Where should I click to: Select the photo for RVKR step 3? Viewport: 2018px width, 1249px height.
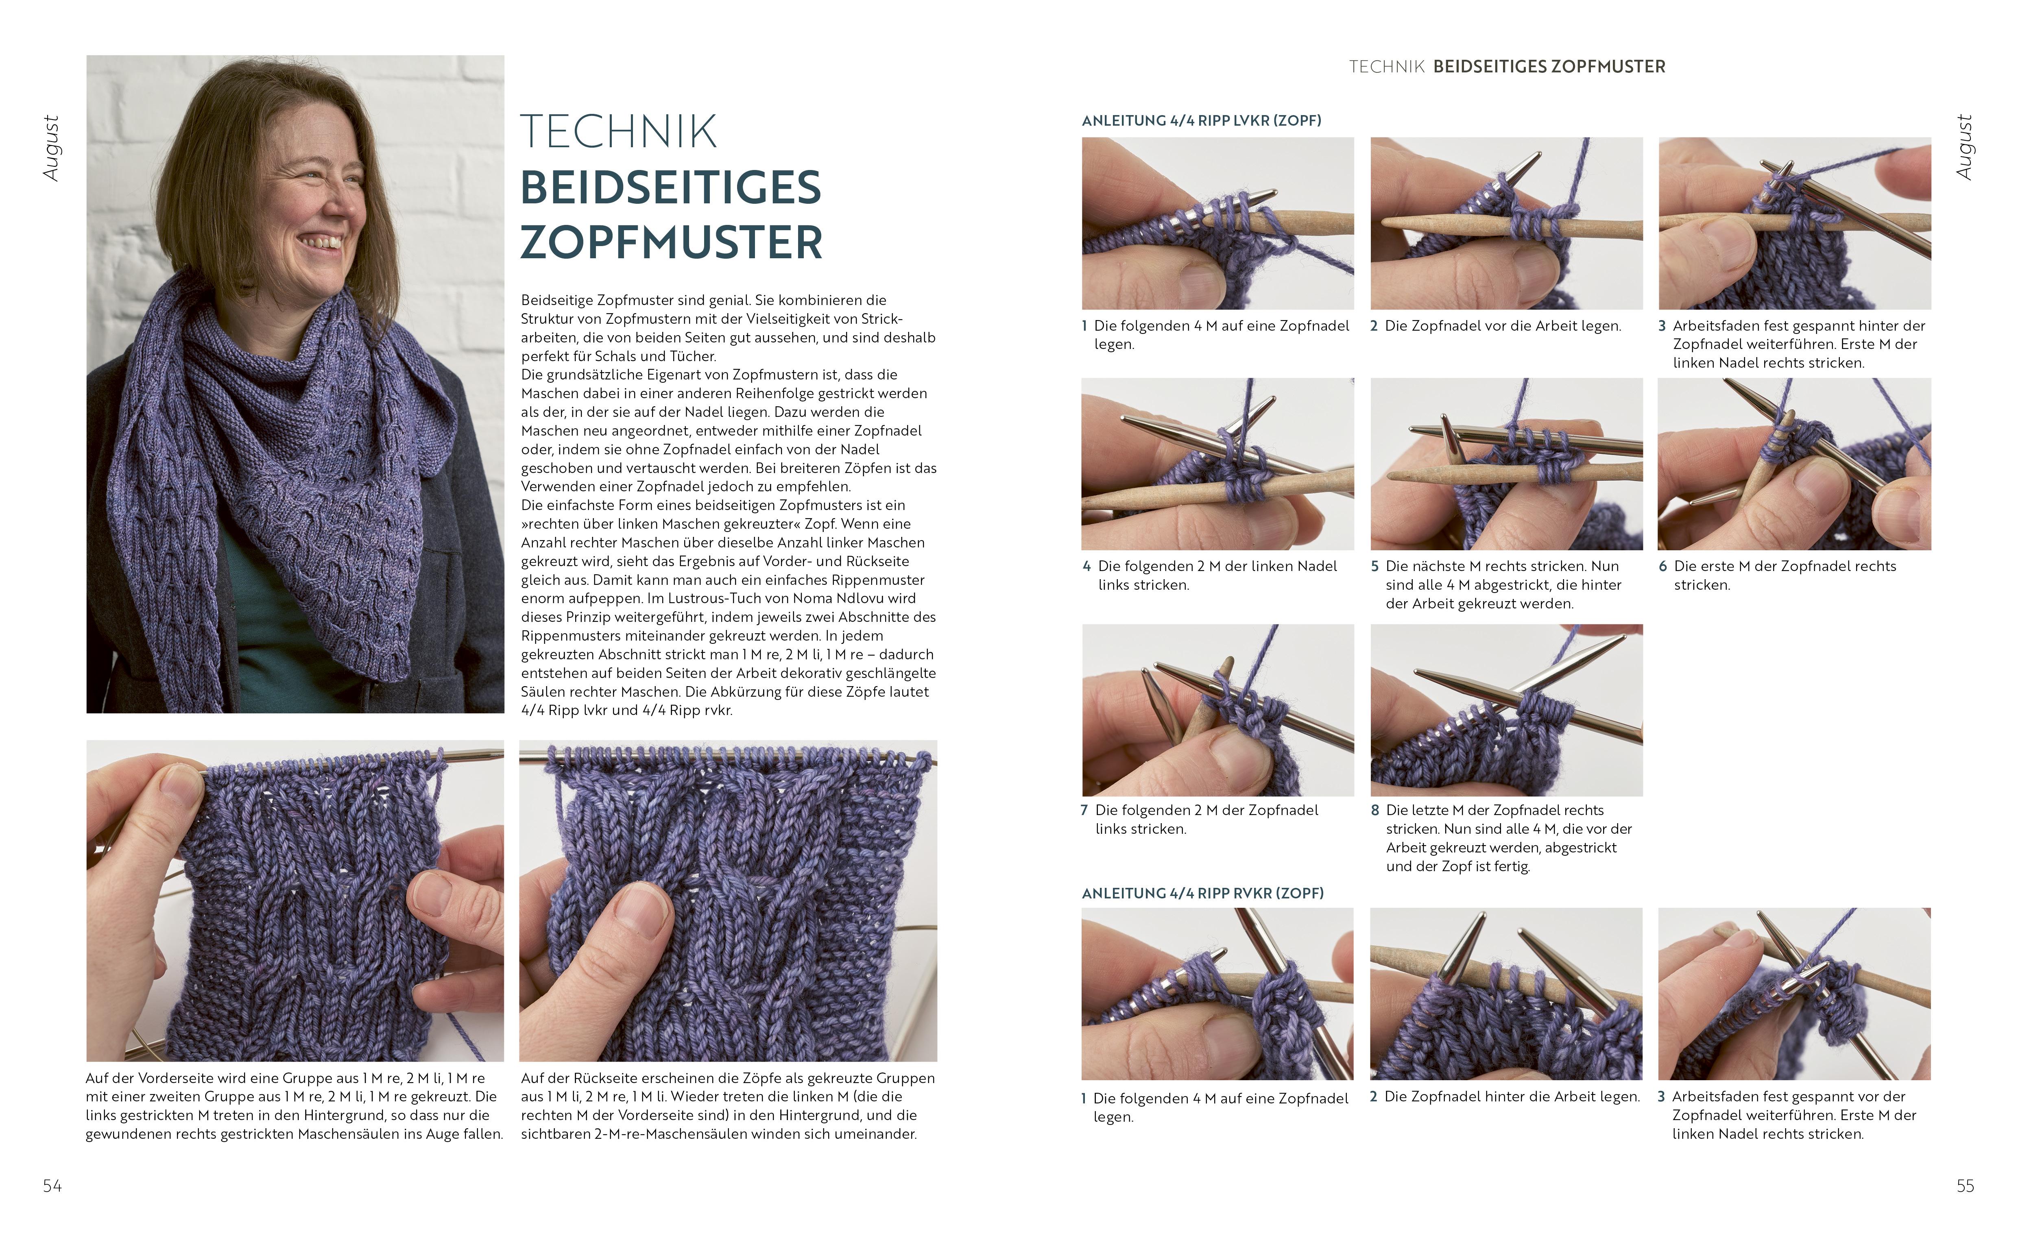(x=1794, y=994)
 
